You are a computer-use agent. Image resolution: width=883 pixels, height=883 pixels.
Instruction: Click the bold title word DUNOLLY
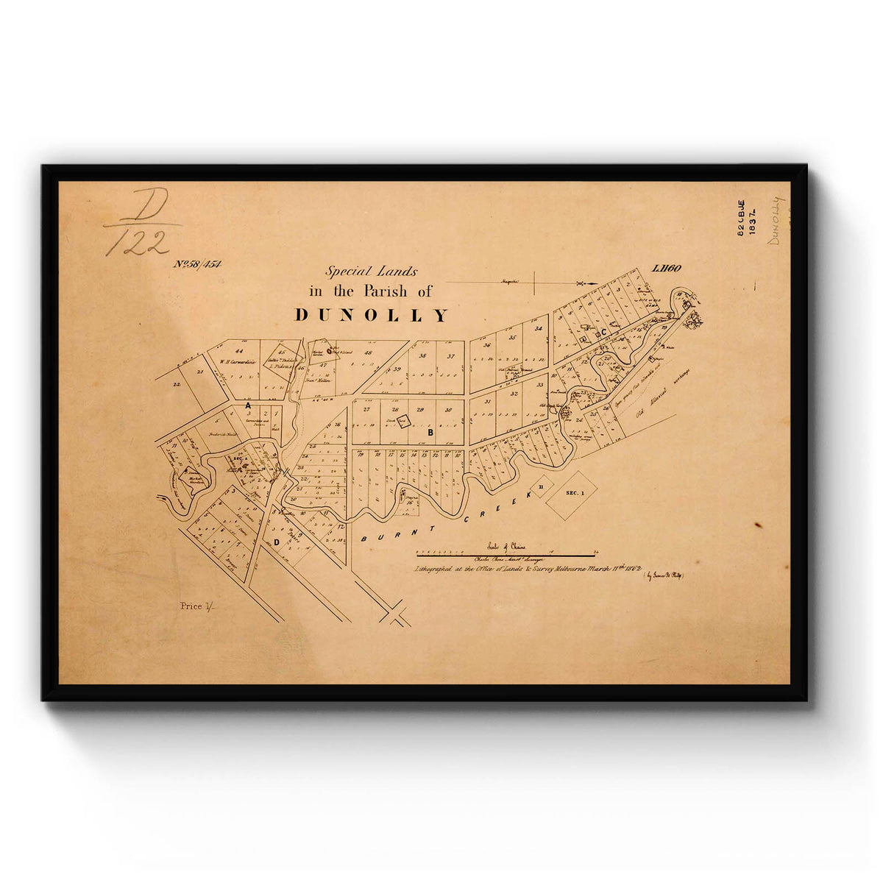tap(371, 316)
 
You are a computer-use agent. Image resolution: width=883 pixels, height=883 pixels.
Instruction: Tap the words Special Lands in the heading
tap(371, 271)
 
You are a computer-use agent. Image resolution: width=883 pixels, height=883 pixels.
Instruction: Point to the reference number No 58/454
tap(197, 263)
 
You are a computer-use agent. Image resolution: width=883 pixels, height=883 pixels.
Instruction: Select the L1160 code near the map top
tap(667, 269)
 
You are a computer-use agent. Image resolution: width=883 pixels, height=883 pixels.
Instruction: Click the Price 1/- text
tap(194, 606)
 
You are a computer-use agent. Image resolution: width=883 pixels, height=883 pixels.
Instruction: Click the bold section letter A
tap(248, 405)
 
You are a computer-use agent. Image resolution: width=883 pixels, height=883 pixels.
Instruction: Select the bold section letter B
tap(430, 433)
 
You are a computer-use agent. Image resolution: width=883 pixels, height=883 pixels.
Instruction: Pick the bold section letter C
tap(603, 333)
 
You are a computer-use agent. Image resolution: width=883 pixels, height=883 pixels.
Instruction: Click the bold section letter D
tap(277, 542)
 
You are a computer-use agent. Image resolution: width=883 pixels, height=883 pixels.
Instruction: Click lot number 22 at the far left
tap(177, 384)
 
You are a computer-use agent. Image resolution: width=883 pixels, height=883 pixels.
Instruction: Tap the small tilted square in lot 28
tap(403, 421)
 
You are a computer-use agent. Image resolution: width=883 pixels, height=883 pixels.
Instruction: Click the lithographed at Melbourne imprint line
tap(528, 570)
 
